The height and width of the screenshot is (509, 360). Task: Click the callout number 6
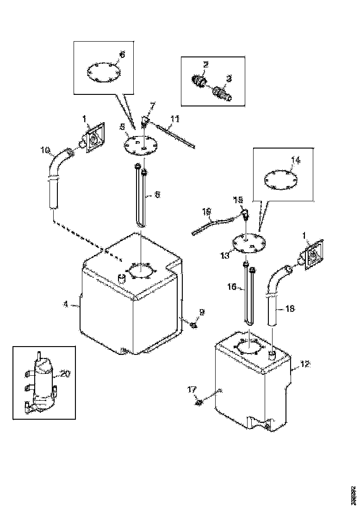pos(122,55)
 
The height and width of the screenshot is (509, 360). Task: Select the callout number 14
pos(296,161)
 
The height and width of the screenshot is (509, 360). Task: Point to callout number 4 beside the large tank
pos(66,304)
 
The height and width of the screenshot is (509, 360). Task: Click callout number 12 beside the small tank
pos(304,364)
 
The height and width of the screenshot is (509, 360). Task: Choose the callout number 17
pos(192,390)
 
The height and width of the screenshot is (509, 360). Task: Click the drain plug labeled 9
pos(194,325)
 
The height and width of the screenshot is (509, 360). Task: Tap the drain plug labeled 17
pos(199,402)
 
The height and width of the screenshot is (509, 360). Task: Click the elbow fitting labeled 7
pos(145,121)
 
